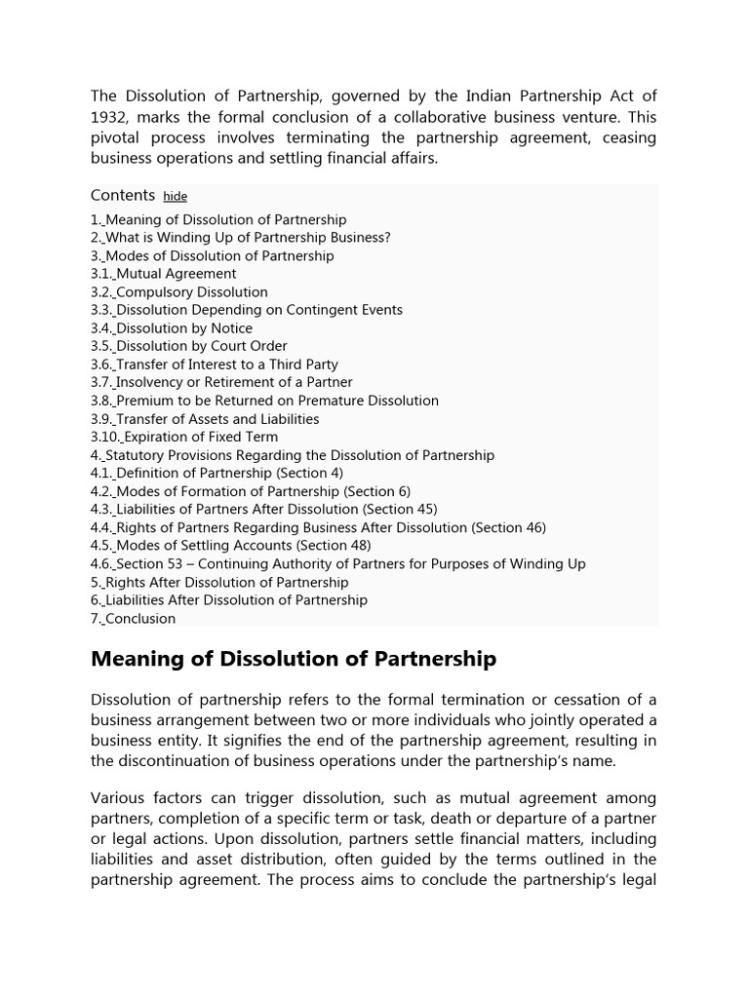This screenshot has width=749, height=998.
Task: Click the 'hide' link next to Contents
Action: point(176,196)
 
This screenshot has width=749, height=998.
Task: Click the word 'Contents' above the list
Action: point(123,195)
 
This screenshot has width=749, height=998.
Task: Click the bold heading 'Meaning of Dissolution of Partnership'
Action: point(293,660)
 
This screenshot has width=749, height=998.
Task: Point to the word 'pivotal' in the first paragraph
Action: point(117,137)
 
